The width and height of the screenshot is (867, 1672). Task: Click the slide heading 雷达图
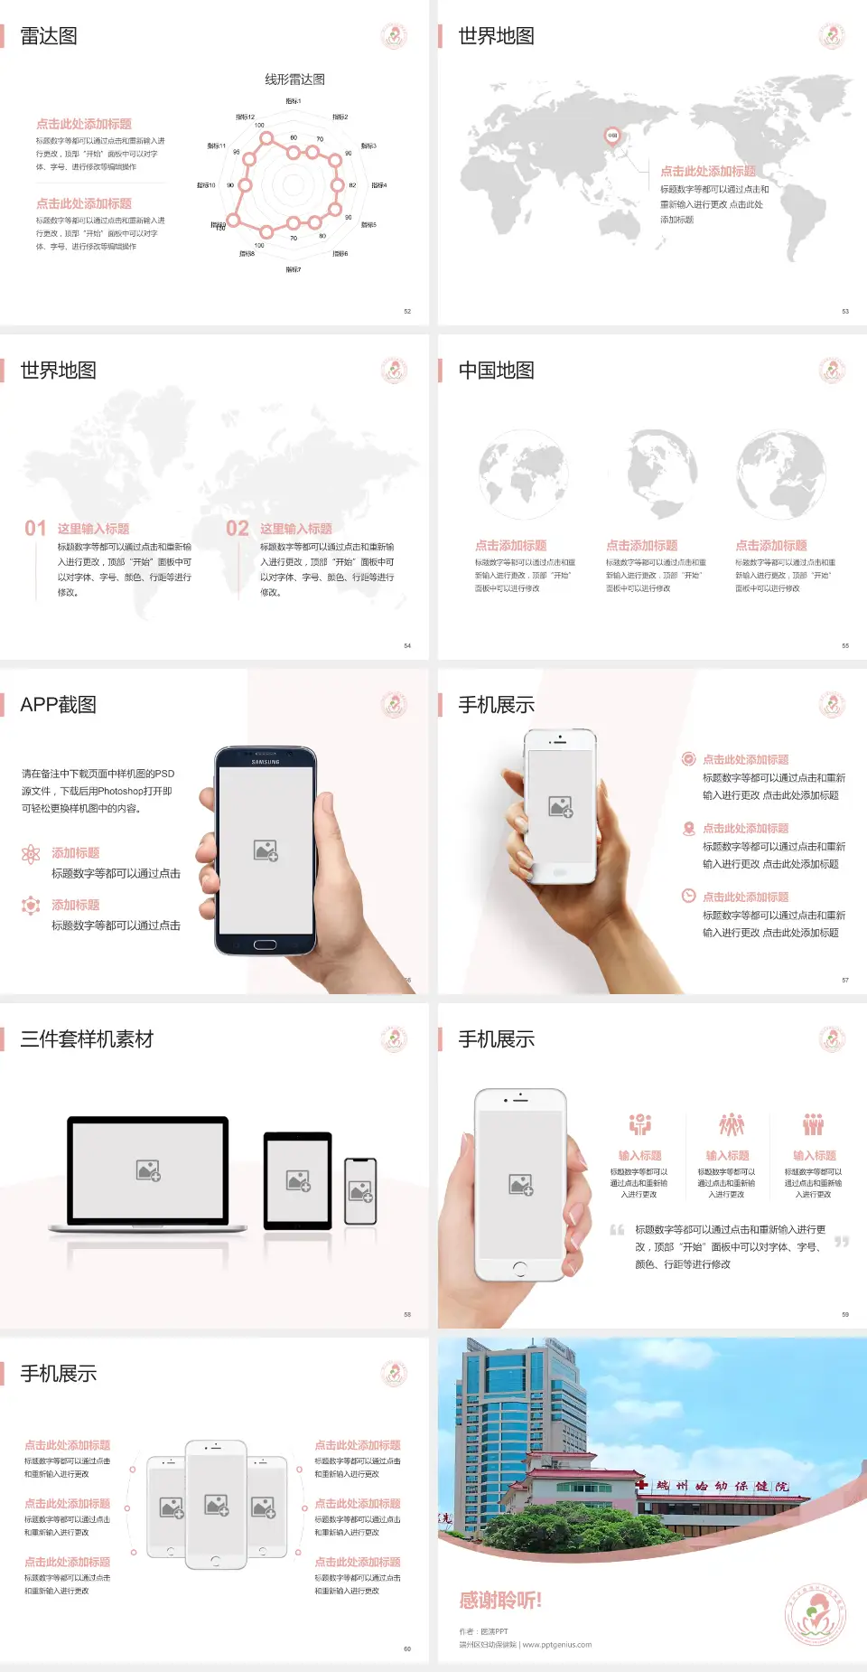coord(49,36)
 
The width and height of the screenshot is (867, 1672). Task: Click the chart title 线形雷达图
coord(294,80)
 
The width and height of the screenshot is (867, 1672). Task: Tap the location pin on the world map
coord(611,136)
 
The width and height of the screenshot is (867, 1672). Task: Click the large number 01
coord(35,529)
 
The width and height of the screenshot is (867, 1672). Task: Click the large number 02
coord(238,529)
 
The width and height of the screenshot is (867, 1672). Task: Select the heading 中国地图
coord(496,371)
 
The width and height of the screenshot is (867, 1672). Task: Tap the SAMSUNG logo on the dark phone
coord(266,762)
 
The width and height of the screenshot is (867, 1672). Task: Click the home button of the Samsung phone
coord(265,944)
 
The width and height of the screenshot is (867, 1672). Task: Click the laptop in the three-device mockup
coord(148,1172)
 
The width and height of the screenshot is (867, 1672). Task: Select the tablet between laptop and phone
coord(298,1180)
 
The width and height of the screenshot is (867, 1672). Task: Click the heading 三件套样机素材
coord(87,1039)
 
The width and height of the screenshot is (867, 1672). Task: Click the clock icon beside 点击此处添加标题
coord(688,896)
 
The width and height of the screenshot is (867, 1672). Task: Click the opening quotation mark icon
coord(617,1230)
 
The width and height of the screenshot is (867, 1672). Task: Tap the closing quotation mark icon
coord(841,1242)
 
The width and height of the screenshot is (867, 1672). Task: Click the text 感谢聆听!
coord(500,1601)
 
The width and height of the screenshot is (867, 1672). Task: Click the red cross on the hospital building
coord(640,1484)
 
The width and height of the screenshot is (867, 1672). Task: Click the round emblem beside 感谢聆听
coord(815,1615)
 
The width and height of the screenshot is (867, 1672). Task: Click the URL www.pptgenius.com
coord(557,1645)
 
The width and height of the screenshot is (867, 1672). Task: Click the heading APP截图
coord(58,705)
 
